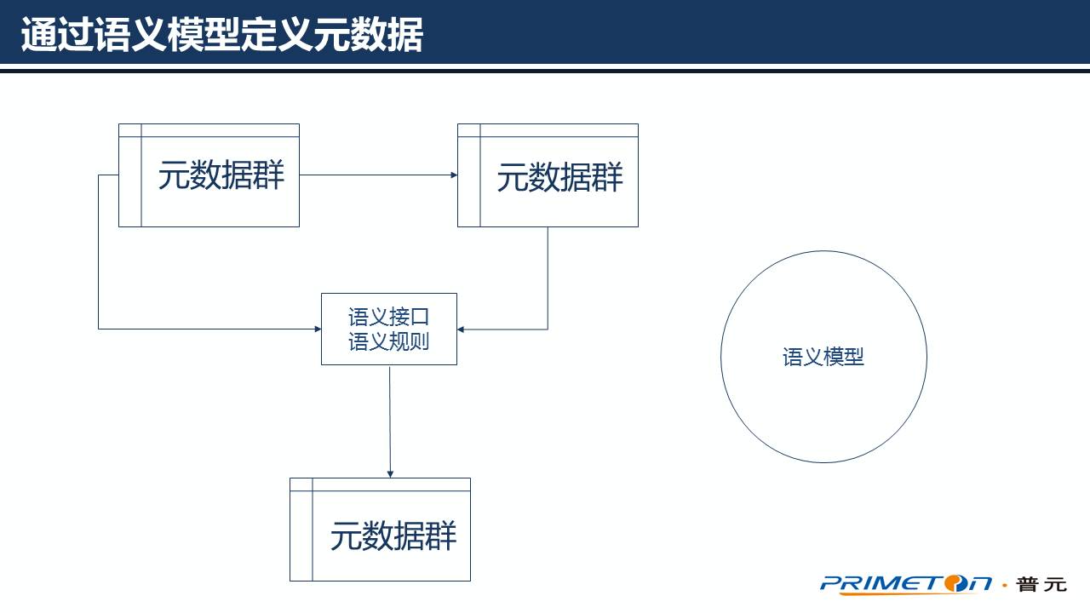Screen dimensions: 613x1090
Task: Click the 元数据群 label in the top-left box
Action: (x=221, y=176)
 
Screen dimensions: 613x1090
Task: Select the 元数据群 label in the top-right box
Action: (x=559, y=178)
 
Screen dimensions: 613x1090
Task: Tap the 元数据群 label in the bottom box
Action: (x=393, y=536)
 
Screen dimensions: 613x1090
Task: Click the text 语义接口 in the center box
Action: (x=388, y=318)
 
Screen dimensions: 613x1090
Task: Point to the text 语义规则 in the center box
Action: (x=388, y=342)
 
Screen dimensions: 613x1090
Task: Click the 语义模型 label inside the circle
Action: (x=823, y=358)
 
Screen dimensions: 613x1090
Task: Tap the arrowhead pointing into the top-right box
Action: (x=454, y=175)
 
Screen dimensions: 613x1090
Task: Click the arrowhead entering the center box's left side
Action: (x=317, y=328)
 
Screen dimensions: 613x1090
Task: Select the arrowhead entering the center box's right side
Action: (x=461, y=329)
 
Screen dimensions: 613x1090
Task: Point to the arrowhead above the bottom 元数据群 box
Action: (x=390, y=473)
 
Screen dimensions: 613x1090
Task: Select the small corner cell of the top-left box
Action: (x=129, y=130)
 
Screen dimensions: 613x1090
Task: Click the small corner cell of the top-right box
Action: (x=468, y=130)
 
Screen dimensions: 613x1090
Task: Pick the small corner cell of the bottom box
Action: (x=301, y=484)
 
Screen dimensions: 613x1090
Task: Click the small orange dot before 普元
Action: (x=1005, y=585)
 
